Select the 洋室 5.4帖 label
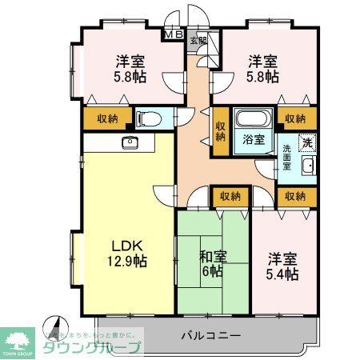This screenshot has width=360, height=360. click(x=282, y=266)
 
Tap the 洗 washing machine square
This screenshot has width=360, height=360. click(x=306, y=142)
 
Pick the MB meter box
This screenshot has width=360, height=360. click(x=173, y=34)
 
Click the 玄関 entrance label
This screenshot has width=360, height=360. click(x=202, y=40)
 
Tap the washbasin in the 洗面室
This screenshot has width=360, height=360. click(x=308, y=166)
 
